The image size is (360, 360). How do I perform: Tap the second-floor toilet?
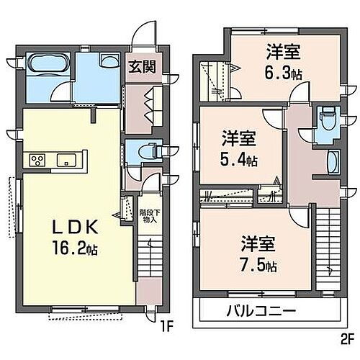tap(329, 115)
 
